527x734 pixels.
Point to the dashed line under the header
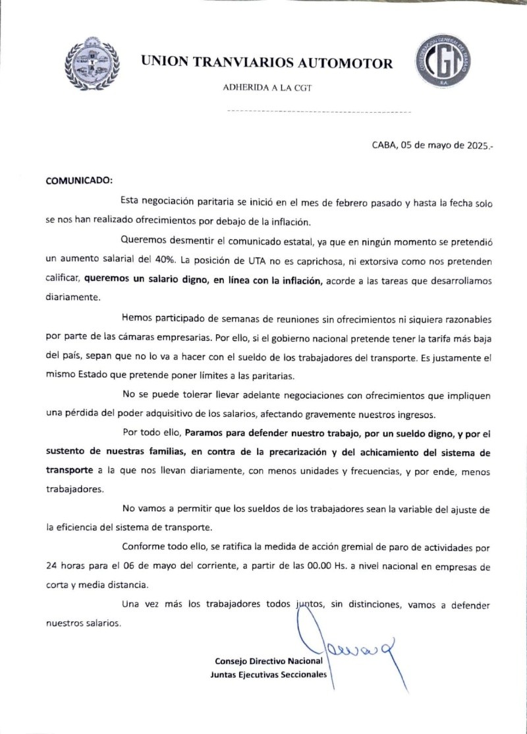318,112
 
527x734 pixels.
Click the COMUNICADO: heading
79,179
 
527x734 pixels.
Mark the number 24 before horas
52,566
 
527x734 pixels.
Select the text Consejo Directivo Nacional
269,660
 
